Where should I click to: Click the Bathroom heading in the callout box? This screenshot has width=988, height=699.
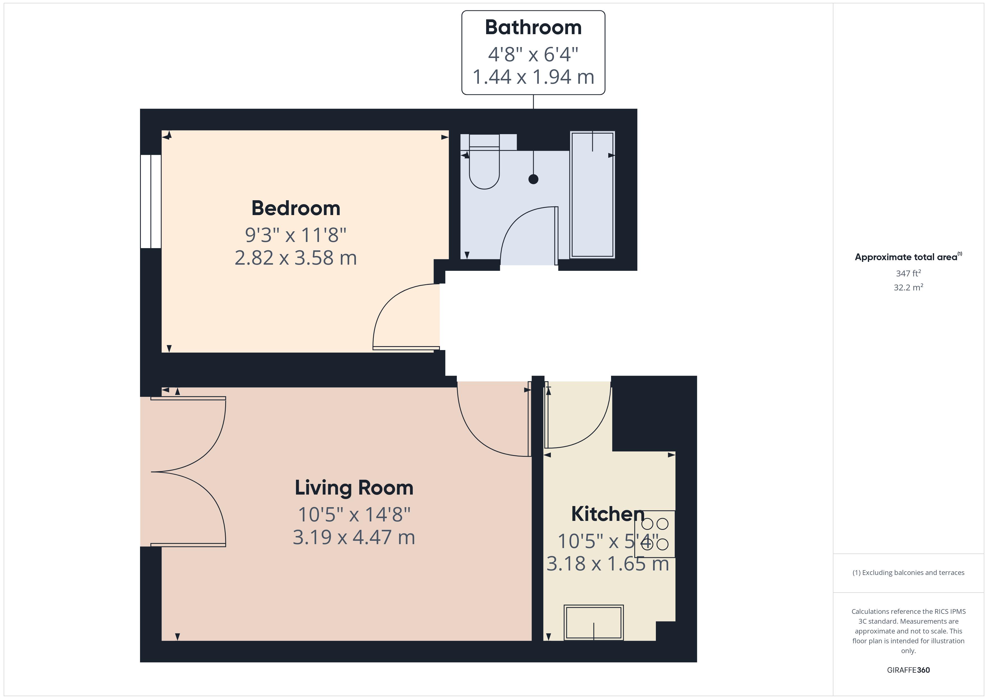pyautogui.click(x=533, y=27)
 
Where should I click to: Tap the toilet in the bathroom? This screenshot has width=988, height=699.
pyautogui.click(x=484, y=166)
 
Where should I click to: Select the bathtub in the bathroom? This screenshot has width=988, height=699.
pyautogui.click(x=592, y=195)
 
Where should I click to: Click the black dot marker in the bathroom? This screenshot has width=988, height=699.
pyautogui.click(x=533, y=179)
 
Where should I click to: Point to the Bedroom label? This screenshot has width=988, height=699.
pyautogui.click(x=296, y=208)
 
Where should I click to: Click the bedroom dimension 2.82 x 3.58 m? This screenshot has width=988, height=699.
pyautogui.click(x=296, y=258)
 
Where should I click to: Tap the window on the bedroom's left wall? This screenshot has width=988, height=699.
pyautogui.click(x=151, y=201)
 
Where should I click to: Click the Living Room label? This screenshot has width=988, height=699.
pyautogui.click(x=354, y=488)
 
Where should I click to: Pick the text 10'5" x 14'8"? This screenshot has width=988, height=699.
pyautogui.click(x=354, y=514)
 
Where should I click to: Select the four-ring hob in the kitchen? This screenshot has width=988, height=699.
pyautogui.click(x=654, y=534)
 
